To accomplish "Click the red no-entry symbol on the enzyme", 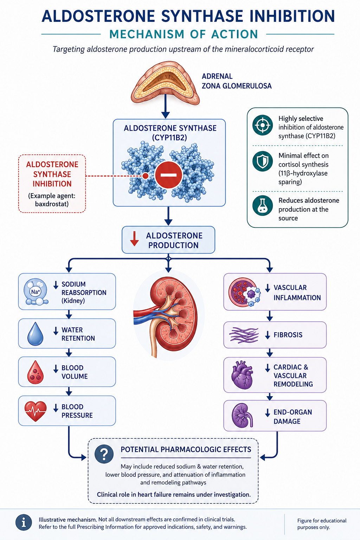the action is (x=168, y=175).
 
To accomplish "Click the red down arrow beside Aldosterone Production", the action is (x=134, y=239).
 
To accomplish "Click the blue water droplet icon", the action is (x=36, y=334).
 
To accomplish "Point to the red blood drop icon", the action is (x=36, y=372).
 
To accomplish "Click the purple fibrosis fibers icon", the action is (x=244, y=335).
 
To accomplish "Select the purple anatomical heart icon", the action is (x=242, y=375).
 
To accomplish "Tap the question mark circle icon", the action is (x=104, y=454).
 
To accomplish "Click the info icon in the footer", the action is (x=24, y=523).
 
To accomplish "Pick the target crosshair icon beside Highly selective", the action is (x=263, y=125).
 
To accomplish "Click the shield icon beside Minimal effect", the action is (x=263, y=161).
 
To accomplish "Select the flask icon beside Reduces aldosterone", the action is (x=263, y=205).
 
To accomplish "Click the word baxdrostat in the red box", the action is (x=52, y=204).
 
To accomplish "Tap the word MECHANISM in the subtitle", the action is (x=147, y=34).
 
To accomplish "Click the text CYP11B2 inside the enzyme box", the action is (x=169, y=138).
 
